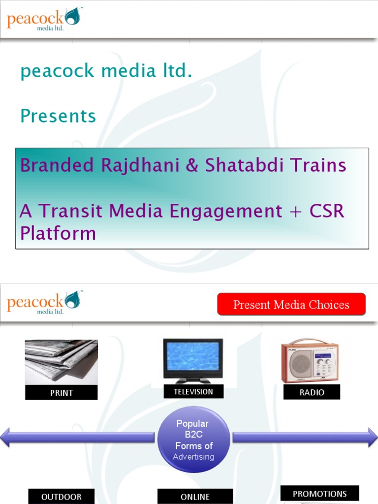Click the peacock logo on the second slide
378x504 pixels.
tap(43, 302)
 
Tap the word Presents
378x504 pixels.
tap(58, 116)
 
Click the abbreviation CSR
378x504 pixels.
tap(327, 211)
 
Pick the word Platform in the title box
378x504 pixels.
tap(58, 233)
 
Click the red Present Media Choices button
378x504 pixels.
tap(291, 305)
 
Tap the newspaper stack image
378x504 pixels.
tap(61, 361)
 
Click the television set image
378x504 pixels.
tap(193, 360)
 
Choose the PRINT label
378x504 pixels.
tap(62, 393)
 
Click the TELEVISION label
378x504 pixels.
tap(193, 392)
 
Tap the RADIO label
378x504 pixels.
tap(312, 392)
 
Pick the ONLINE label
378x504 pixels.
tap(195, 497)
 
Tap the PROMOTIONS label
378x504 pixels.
tap(319, 494)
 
